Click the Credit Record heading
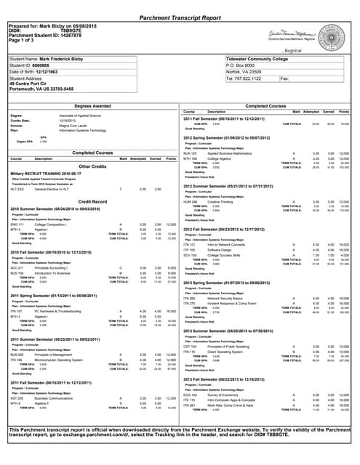click(x=92, y=201)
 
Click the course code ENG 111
click(x=17, y=225)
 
